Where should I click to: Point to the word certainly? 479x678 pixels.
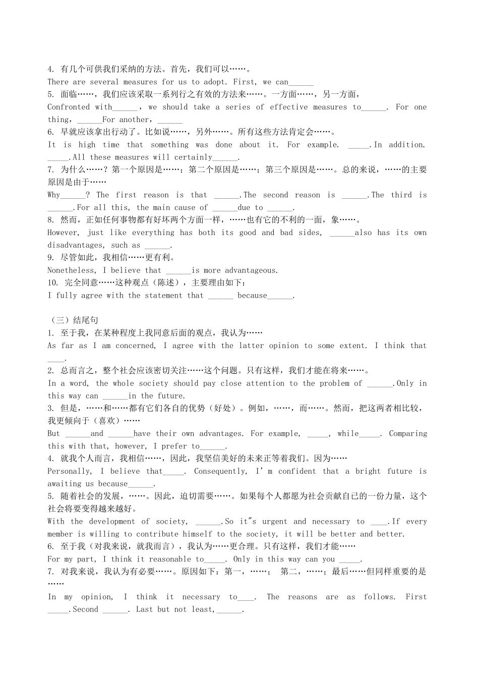click(194, 157)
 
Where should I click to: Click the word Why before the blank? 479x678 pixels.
click(54, 195)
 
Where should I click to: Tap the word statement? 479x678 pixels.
click(164, 296)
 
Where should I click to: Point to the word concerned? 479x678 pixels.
click(136, 346)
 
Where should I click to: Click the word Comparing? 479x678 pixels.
click(408, 433)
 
